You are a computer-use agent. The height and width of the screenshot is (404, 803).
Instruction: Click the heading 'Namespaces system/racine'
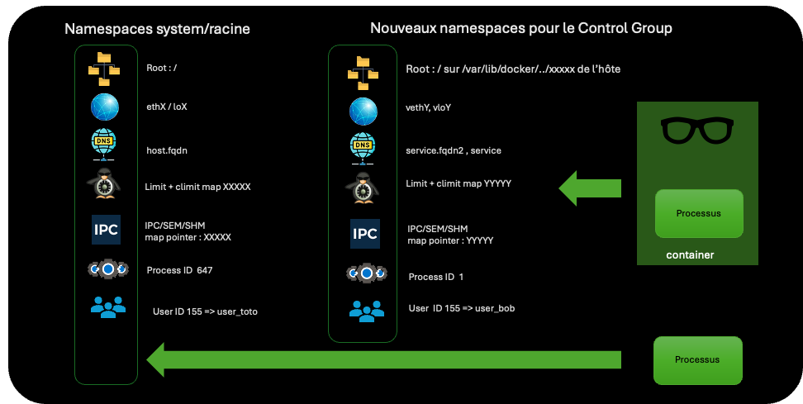click(157, 30)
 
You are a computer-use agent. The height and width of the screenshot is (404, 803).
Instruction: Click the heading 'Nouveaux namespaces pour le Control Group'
click(521, 28)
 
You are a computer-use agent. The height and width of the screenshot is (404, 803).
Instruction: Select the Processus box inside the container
click(698, 213)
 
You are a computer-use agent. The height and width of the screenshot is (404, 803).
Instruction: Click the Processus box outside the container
click(697, 359)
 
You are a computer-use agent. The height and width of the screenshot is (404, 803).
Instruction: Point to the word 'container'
click(690, 255)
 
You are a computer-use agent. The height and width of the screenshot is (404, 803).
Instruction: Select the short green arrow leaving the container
click(590, 188)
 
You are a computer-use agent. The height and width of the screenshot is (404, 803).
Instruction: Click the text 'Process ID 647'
click(179, 270)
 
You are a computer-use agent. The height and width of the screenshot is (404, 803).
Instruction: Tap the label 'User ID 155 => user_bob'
click(462, 308)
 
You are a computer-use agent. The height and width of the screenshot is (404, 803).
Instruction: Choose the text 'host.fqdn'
click(167, 150)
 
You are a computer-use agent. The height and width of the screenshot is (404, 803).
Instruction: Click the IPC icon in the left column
click(106, 230)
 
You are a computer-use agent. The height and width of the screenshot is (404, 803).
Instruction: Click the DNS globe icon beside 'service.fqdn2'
click(362, 147)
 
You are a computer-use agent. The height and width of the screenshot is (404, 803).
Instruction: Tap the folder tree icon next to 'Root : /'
click(104, 69)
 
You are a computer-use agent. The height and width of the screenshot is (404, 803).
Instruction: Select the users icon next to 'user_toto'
click(107, 307)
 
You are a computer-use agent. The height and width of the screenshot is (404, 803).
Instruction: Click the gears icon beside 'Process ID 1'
click(365, 273)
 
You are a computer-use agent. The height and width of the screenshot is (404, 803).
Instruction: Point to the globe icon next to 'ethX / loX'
click(106, 107)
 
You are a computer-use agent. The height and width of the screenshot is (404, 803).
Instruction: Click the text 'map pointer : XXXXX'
click(188, 237)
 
